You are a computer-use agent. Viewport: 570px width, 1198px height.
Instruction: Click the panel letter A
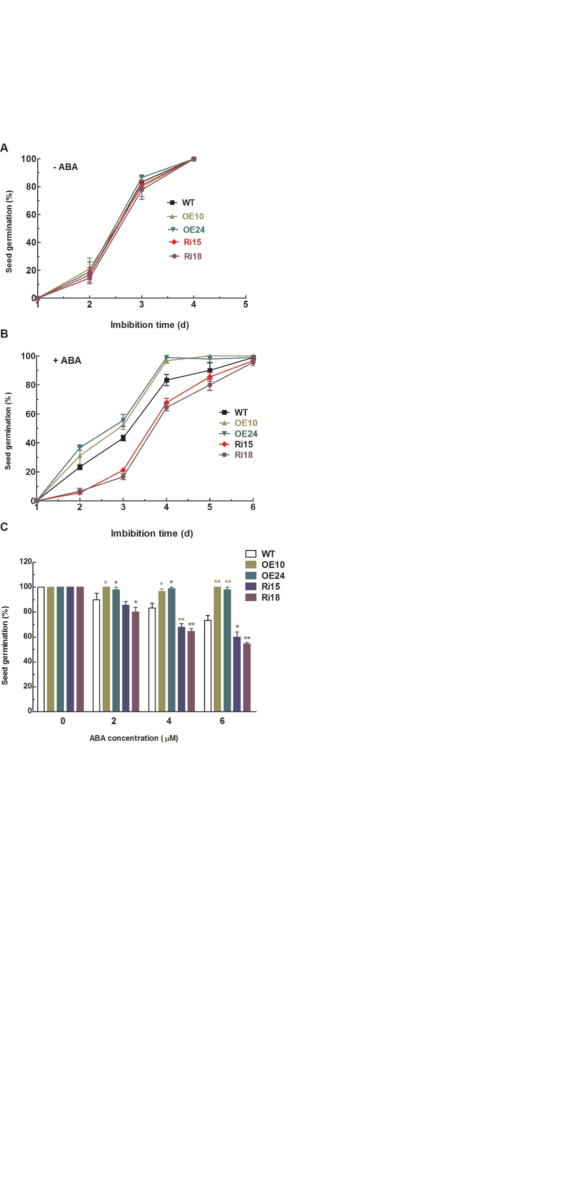(4, 148)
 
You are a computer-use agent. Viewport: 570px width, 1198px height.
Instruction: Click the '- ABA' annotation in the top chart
(65, 167)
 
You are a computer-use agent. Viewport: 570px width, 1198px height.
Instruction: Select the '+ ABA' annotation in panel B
(67, 360)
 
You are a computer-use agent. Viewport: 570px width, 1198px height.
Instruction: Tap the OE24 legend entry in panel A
(187, 229)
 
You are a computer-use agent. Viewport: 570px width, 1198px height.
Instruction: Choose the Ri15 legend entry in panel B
(236, 444)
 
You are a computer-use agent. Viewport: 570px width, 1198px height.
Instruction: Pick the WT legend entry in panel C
(260, 554)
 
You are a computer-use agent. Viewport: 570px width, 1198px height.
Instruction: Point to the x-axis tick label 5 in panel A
(246, 305)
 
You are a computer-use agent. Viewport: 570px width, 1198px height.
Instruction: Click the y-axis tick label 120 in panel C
(25, 562)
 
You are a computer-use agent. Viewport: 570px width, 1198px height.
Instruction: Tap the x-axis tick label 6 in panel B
(253, 507)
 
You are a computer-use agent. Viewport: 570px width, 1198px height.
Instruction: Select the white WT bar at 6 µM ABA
(207, 665)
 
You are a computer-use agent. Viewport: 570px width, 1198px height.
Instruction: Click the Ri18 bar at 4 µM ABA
(191, 671)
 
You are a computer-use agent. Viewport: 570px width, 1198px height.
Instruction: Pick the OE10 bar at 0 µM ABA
(50, 649)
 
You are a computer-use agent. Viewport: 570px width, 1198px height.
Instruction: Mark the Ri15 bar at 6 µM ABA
(237, 674)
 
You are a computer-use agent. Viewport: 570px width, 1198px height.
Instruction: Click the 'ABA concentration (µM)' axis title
(134, 738)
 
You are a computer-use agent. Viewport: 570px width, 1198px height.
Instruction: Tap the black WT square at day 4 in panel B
(167, 380)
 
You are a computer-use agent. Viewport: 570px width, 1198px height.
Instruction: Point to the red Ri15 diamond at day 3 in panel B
(123, 470)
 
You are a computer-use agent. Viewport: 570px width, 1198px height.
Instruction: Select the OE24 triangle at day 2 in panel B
(80, 447)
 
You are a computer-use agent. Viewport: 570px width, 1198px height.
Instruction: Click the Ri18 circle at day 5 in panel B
(210, 385)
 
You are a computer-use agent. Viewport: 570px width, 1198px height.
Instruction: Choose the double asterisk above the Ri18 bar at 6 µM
(247, 638)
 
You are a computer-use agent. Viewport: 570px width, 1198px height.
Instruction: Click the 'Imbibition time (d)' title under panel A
(150, 325)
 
